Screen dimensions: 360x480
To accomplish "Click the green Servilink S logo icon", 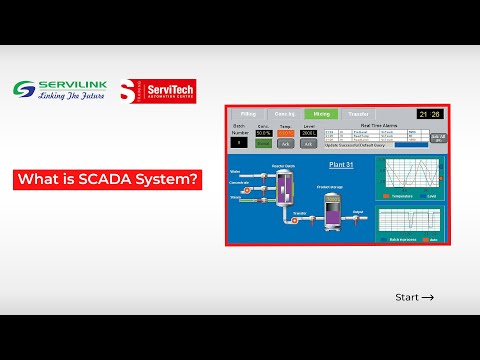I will (x=24, y=87).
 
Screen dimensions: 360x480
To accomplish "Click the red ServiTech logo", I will (x=157, y=91).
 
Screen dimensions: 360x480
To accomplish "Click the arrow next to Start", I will (x=429, y=298).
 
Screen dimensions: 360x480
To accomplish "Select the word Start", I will (x=407, y=298).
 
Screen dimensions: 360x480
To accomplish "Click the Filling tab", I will (x=248, y=114).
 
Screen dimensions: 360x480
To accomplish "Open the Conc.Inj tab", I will (x=284, y=114).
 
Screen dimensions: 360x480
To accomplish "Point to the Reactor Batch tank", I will (x=283, y=186).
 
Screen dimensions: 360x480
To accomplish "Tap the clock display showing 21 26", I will (x=430, y=114).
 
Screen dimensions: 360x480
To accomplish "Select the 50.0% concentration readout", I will (x=264, y=132).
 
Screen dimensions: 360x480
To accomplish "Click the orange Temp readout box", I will (x=286, y=132).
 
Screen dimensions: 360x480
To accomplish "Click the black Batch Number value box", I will (x=240, y=142).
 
